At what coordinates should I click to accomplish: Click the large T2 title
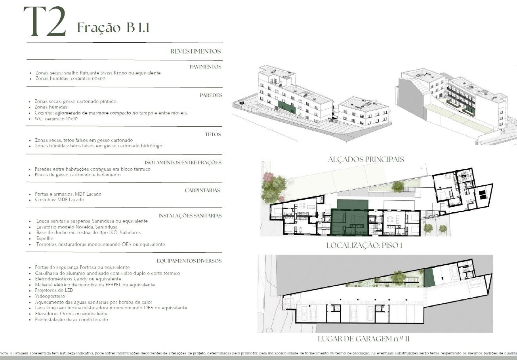click(x=45, y=21)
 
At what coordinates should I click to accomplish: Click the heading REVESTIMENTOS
click(x=195, y=51)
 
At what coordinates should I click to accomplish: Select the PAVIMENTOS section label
click(x=206, y=67)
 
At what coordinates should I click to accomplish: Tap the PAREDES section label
click(x=211, y=95)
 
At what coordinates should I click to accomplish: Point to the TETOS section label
click(x=213, y=135)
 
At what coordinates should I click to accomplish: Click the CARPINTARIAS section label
click(x=202, y=190)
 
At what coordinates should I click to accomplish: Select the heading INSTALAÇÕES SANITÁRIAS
click(x=190, y=216)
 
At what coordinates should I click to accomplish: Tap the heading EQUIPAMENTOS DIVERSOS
click(x=189, y=261)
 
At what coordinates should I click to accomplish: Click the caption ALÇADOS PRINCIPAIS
click(x=366, y=160)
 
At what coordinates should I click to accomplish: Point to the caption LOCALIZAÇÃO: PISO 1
click(x=364, y=245)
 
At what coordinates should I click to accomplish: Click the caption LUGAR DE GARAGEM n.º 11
click(x=364, y=339)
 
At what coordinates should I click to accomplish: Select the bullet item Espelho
click(x=45, y=239)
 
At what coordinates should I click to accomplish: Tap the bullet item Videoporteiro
click(x=50, y=296)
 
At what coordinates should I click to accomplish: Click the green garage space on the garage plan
click(x=429, y=278)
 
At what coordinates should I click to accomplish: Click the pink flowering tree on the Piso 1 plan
click(x=269, y=178)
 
